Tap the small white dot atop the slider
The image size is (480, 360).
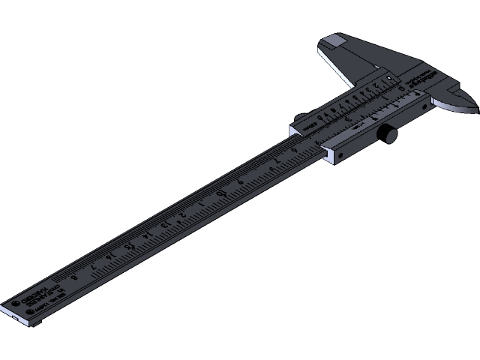pyautogui.click(x=389, y=79)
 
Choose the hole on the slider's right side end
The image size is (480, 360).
pyautogui.click(x=427, y=107)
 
